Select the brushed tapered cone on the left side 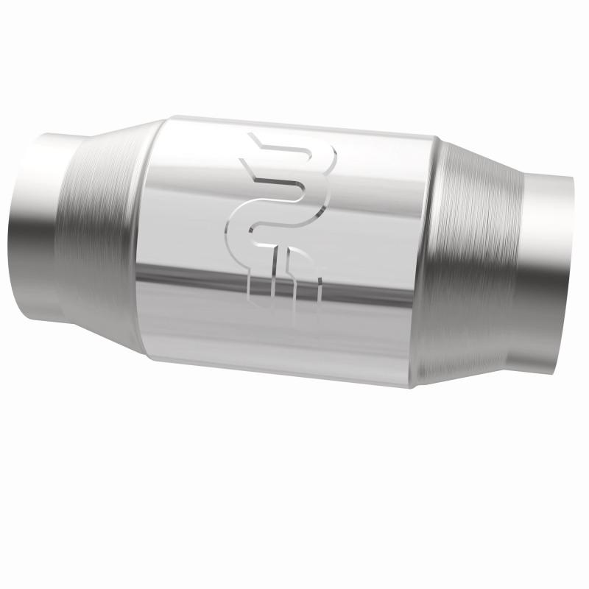click(103, 228)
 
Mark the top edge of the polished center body click(294, 124)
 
